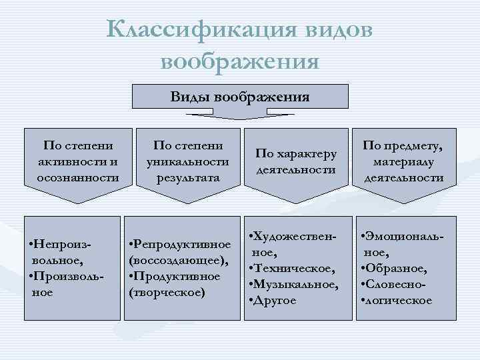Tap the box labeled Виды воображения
[x=240, y=97]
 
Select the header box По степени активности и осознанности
[x=77, y=162]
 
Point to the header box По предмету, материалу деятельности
[x=403, y=162]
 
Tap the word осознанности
[x=77, y=177]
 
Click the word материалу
[x=404, y=161]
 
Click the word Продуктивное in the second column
[x=175, y=276]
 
